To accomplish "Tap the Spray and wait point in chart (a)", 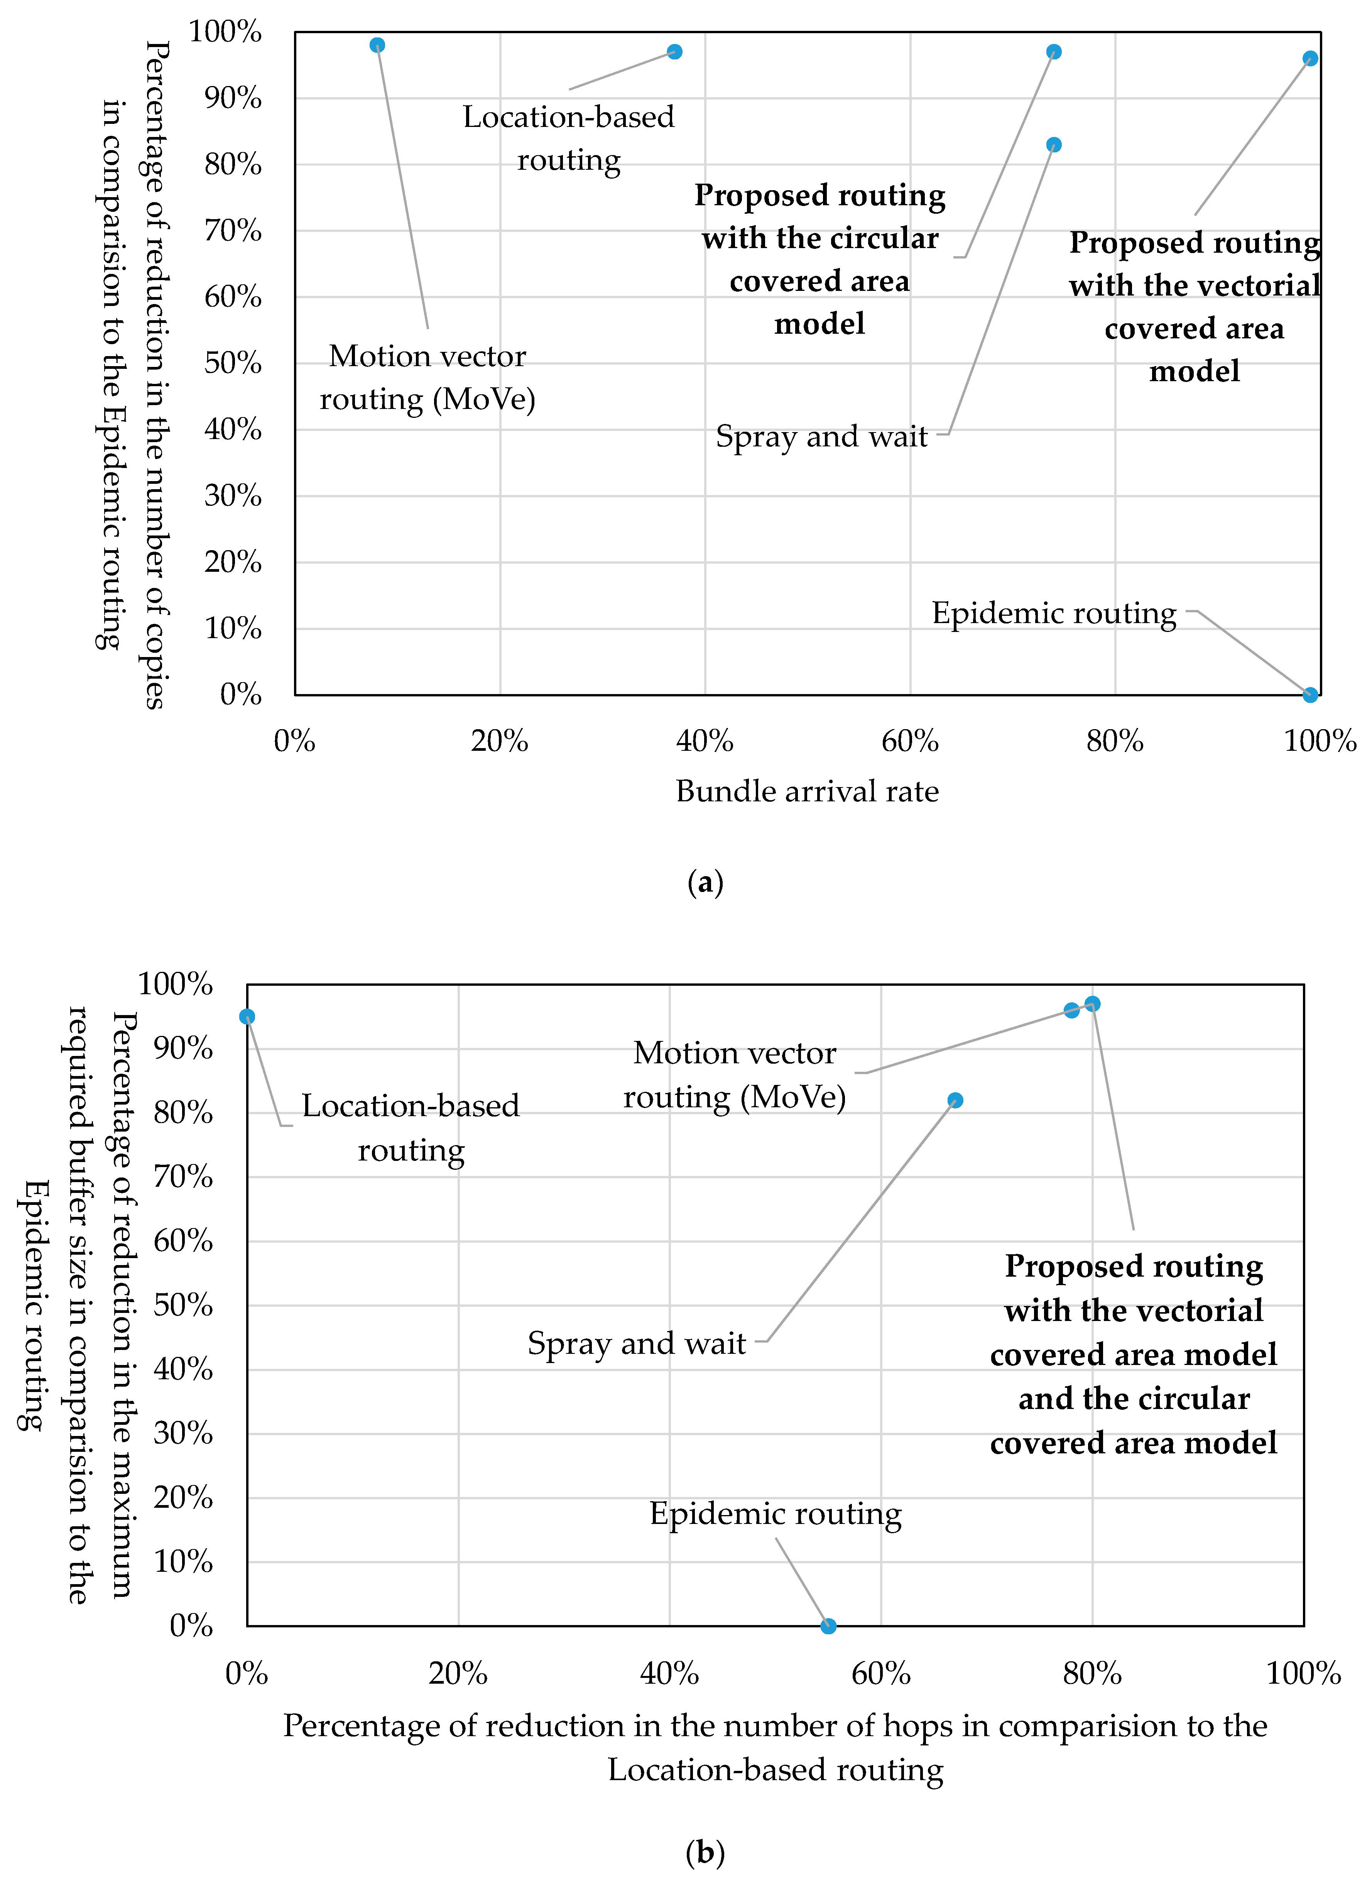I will coord(1053,145).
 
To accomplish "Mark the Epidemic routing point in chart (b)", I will coord(828,1626).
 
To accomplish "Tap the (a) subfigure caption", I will coord(706,882).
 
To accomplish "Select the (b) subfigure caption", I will coord(706,1852).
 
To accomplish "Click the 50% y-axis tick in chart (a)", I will coord(233,363).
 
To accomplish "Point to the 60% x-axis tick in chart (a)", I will coord(910,740).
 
